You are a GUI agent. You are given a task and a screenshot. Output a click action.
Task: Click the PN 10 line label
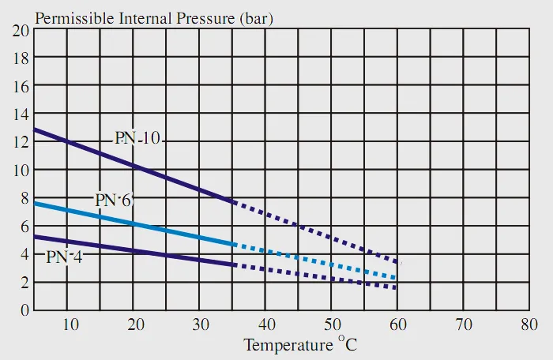tap(137, 138)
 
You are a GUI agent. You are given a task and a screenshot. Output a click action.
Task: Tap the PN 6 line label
tap(115, 200)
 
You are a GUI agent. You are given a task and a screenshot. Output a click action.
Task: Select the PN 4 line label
tap(64, 257)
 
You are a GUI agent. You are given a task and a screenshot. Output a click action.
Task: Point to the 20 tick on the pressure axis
tap(21, 30)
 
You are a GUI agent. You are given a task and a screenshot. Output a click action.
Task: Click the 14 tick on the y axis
tap(21, 114)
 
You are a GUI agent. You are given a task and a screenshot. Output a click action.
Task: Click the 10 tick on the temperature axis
tap(70, 324)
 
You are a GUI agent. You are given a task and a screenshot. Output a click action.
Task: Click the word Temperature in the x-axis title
tap(288, 345)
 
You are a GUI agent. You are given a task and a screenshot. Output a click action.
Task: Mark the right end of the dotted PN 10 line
tap(397, 262)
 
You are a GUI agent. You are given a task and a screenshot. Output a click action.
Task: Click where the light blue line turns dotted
tap(234, 245)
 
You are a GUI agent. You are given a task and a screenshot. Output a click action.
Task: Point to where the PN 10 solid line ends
tap(234, 202)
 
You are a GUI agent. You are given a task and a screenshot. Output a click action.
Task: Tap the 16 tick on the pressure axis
tap(21, 86)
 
